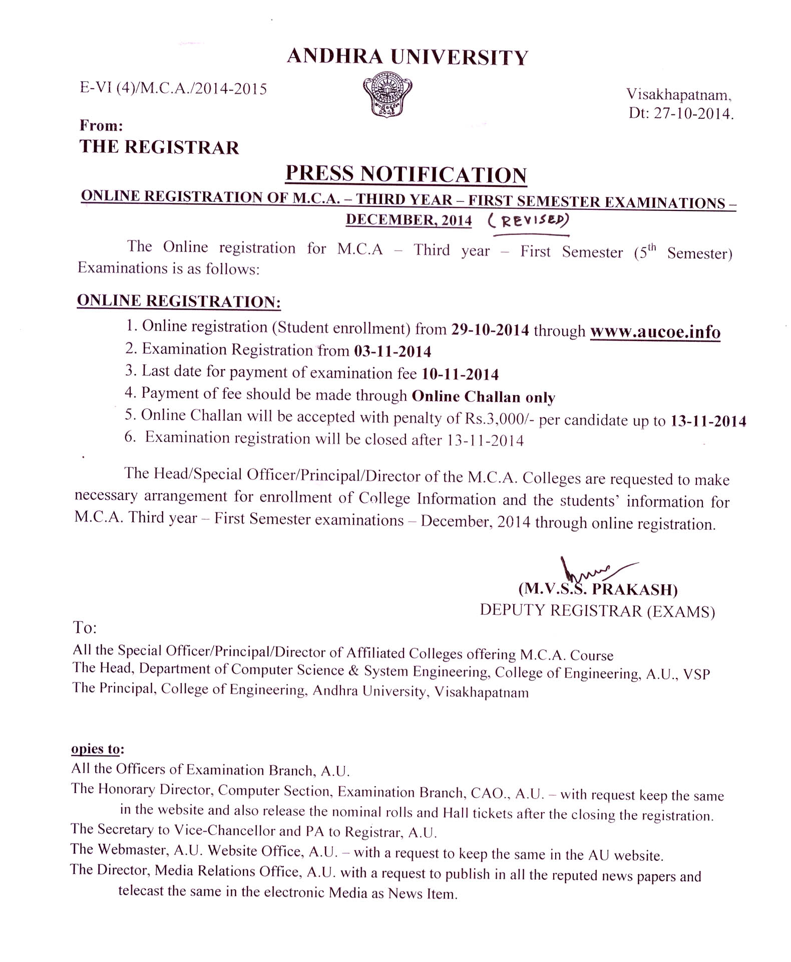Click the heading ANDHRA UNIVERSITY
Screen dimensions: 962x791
pos(408,57)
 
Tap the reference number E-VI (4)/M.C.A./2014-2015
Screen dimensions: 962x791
pos(173,89)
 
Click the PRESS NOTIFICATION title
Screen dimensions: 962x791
pos(406,174)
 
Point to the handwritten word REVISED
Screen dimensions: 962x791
pos(529,220)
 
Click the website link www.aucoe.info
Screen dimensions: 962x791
pos(655,332)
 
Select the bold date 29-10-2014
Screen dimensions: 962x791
pos(490,330)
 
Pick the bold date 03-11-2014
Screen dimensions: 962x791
pos(392,351)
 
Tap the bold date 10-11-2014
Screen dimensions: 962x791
pos(460,374)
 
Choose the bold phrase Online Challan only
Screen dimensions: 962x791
pos(483,396)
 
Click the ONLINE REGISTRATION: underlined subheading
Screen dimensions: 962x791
pos(179,301)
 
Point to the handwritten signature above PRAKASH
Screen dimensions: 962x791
pos(591,571)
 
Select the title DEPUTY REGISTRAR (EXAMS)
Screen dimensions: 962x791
pos(597,611)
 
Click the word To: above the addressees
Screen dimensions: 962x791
pos(85,627)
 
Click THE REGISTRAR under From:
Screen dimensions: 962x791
pos(159,147)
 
